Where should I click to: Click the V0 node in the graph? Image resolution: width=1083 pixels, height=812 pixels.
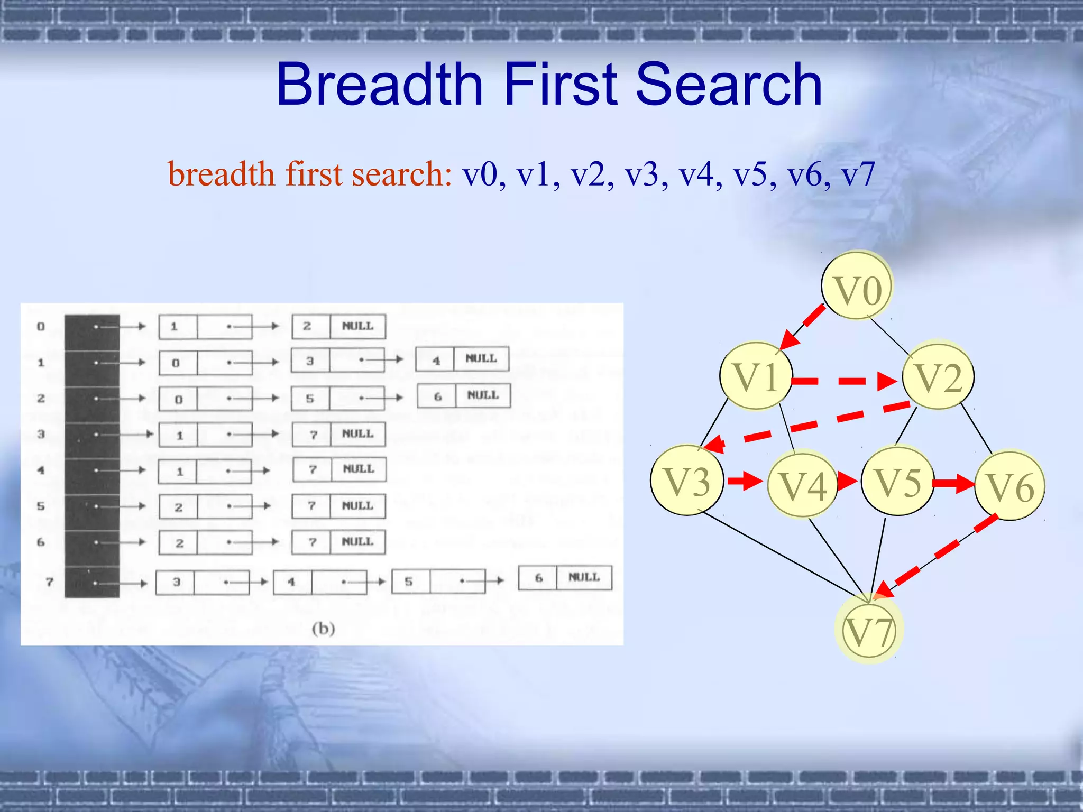pos(857,287)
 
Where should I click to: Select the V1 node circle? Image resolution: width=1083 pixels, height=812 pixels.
pos(756,376)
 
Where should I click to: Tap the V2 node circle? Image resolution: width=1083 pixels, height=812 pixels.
pos(938,376)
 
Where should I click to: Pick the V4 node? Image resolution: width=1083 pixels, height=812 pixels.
pos(802,485)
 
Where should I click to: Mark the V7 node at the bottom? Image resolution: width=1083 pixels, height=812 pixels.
pos(869,630)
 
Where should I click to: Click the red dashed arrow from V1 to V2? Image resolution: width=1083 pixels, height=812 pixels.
pos(846,381)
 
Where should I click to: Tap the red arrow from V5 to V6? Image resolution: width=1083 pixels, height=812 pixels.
pos(953,483)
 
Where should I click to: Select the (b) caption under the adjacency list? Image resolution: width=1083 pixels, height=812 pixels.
pos(323,629)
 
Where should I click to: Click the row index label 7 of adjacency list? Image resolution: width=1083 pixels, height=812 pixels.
pos(50,582)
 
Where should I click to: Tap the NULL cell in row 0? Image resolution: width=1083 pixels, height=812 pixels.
pos(357,326)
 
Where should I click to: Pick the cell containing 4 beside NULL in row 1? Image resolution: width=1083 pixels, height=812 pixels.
pos(436,360)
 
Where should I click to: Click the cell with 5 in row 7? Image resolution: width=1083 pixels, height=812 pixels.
pos(409,581)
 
